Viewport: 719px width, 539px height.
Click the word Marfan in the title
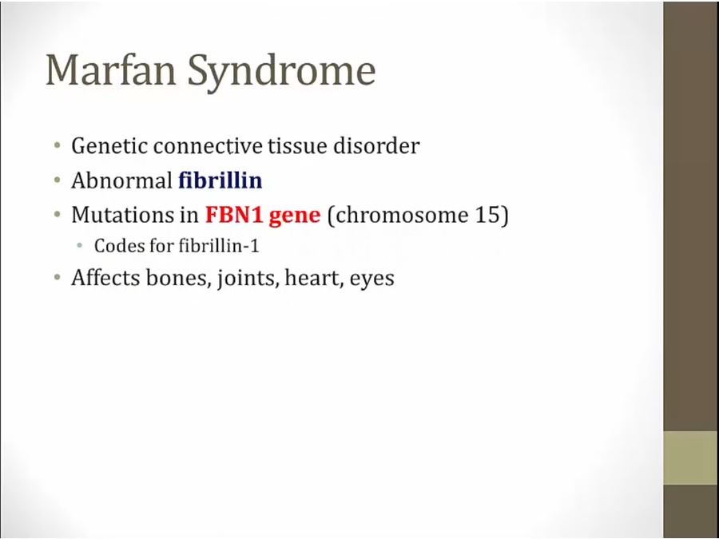click(111, 69)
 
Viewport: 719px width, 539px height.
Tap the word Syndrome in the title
click(281, 73)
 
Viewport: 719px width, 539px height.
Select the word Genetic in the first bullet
click(109, 146)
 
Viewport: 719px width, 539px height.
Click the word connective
click(208, 146)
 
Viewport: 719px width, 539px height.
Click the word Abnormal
click(121, 180)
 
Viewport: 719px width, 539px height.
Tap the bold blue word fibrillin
click(220, 180)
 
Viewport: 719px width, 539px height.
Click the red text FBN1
click(234, 214)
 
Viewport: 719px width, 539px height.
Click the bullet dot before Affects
click(57, 278)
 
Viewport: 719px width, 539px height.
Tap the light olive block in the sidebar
click(691, 458)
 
